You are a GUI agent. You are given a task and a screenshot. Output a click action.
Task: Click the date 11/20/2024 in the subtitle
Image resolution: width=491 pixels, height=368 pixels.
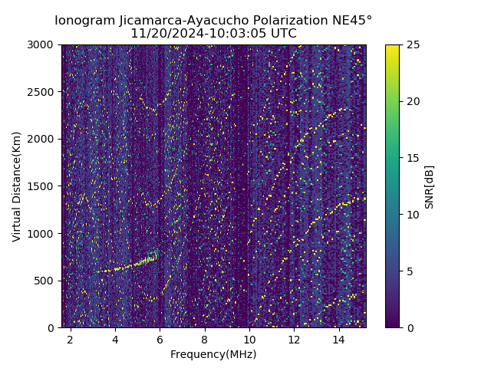(x=162, y=34)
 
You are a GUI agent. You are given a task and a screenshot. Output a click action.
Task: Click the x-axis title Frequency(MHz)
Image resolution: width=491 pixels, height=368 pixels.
(x=213, y=354)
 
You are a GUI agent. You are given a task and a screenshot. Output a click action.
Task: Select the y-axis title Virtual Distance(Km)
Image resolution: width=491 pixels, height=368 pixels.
(x=17, y=186)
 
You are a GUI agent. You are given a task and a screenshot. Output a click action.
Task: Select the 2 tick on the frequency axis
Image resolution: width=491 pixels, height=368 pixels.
(x=71, y=339)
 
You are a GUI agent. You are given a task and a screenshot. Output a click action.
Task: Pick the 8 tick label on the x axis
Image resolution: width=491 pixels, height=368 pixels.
(x=205, y=339)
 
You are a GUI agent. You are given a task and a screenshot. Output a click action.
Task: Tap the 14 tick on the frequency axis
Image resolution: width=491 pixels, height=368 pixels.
(x=339, y=339)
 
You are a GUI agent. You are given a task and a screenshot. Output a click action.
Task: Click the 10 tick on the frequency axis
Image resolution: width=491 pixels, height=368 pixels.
(x=249, y=339)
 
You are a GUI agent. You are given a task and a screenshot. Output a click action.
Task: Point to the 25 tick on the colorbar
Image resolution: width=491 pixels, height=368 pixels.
(x=412, y=45)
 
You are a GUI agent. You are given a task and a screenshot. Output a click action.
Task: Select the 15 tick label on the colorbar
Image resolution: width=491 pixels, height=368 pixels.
(x=412, y=158)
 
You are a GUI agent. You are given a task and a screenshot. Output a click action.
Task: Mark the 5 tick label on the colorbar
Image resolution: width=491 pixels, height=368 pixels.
(x=409, y=271)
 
